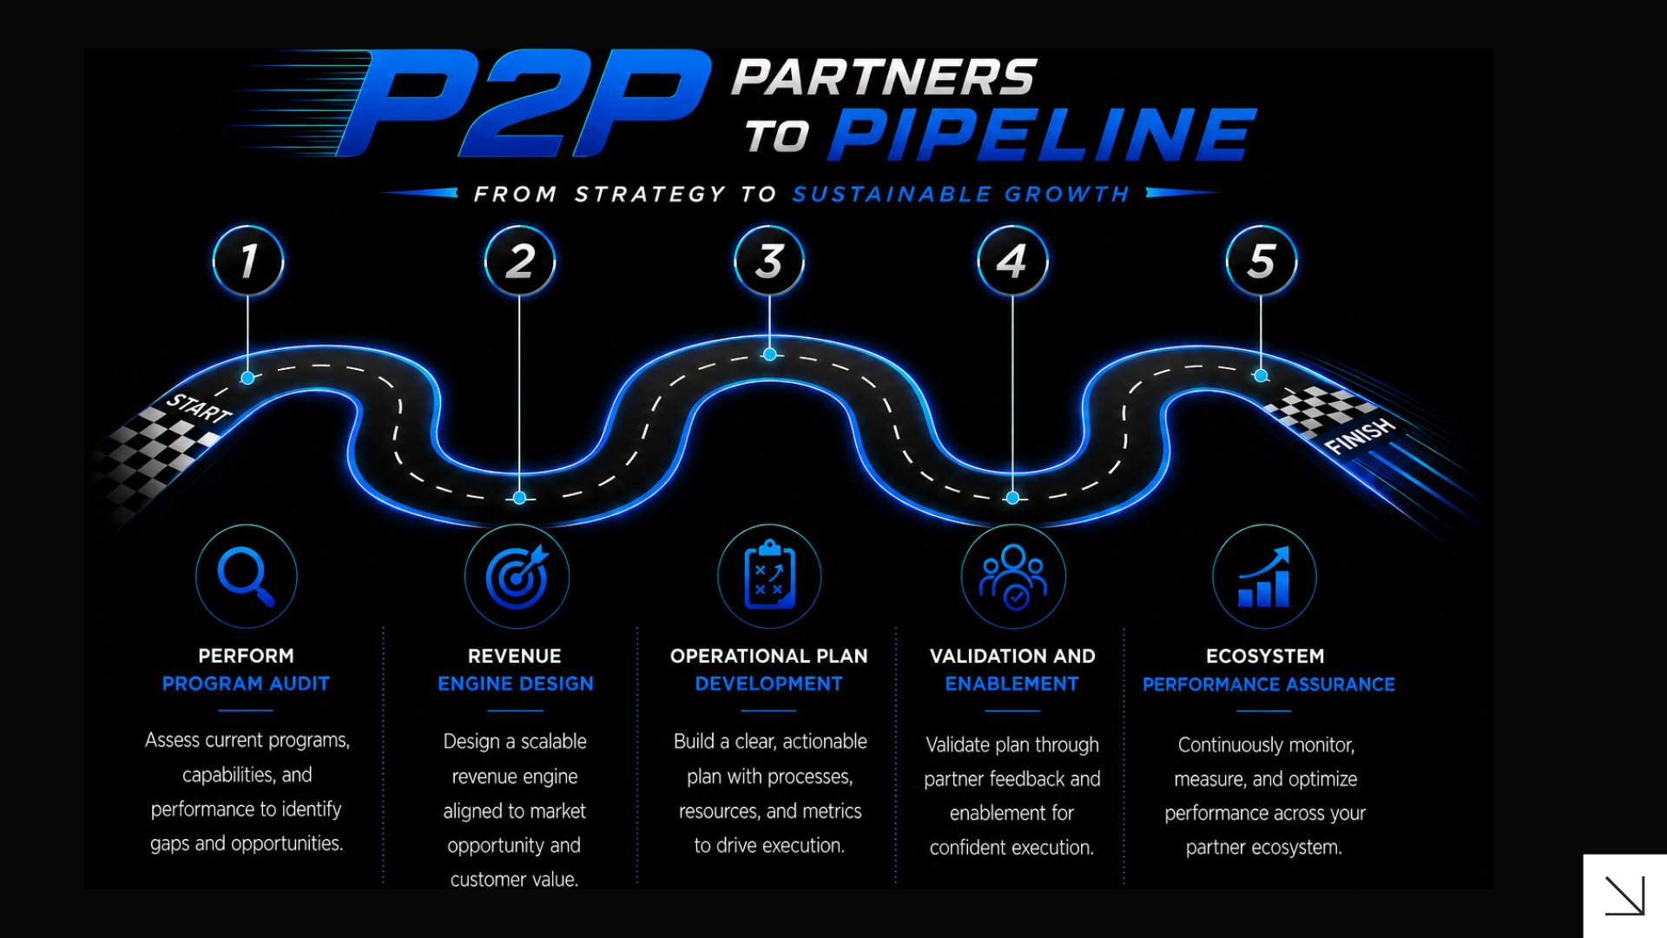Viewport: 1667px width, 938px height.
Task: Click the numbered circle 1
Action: tap(248, 261)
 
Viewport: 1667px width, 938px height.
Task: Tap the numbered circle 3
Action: tap(769, 261)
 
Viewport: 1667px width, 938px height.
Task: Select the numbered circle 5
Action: tap(1262, 261)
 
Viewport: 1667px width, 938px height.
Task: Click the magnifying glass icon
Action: tap(247, 576)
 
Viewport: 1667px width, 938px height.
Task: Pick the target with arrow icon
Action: tap(517, 576)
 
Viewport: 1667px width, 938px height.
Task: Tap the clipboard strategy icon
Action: tap(769, 576)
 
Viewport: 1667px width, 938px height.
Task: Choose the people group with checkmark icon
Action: tap(1013, 576)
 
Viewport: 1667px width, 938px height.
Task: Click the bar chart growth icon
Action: tap(1264, 576)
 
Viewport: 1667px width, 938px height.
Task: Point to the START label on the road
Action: tap(199, 407)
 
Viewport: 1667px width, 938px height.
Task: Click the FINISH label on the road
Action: tap(1360, 435)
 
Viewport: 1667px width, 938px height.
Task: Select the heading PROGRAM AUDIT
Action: tap(246, 684)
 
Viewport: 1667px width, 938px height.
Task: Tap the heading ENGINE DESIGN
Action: tap(516, 684)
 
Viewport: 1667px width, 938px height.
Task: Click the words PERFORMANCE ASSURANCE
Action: tap(1268, 684)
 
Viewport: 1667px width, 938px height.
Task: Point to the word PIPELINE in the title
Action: tap(1043, 135)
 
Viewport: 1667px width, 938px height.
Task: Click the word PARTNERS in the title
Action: tap(885, 77)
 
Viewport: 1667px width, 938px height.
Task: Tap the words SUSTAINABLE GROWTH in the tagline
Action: tap(961, 194)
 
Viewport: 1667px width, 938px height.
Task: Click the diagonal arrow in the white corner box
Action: tap(1624, 895)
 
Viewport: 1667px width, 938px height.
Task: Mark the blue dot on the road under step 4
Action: tap(1012, 498)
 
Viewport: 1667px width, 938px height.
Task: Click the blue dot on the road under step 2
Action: tap(519, 498)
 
